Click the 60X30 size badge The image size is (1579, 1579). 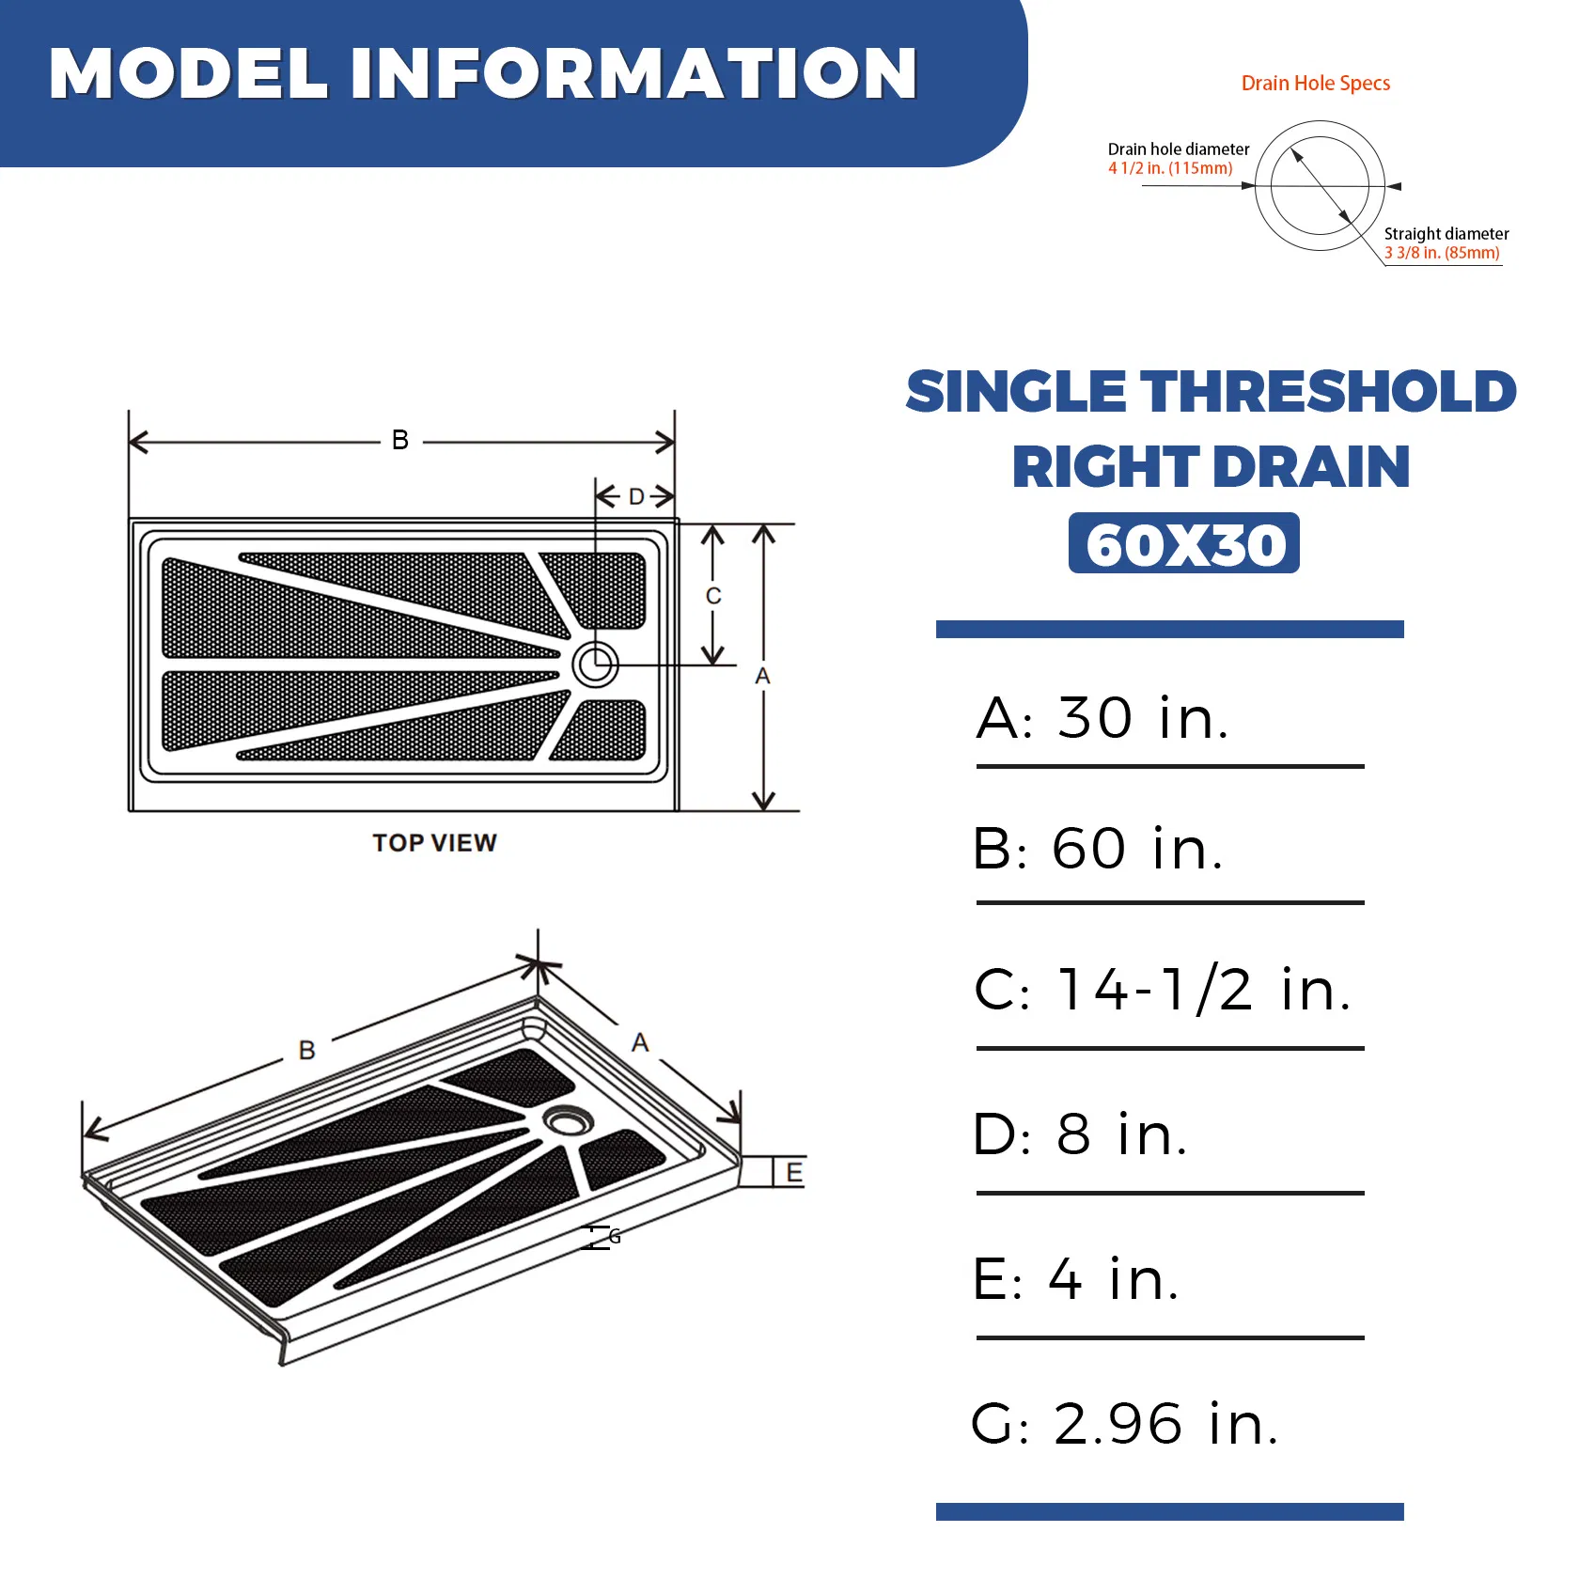pyautogui.click(x=1183, y=543)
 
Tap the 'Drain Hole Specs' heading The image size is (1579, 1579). pyautogui.click(x=1315, y=84)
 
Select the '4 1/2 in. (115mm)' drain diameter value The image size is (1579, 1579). pyautogui.click(x=1169, y=169)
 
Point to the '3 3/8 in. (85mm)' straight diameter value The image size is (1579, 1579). pyautogui.click(x=1441, y=253)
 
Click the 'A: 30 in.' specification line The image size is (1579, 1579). pyautogui.click(x=1102, y=719)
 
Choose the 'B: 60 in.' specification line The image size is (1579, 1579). pyautogui.click(x=1098, y=850)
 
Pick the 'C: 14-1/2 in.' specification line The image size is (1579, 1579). pyautogui.click(x=1163, y=991)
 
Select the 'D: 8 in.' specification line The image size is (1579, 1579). pyautogui.click(x=1080, y=1135)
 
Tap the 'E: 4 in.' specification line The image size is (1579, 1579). pyautogui.click(x=1075, y=1280)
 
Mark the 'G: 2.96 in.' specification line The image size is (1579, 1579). pyautogui.click(x=1124, y=1425)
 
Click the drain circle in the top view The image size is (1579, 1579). pyautogui.click(x=595, y=664)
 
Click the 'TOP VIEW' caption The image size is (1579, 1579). pyautogui.click(x=434, y=843)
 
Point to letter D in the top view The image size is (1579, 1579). pyautogui.click(x=636, y=496)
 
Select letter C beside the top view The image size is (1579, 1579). pyautogui.click(x=713, y=596)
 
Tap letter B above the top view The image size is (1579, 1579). pyautogui.click(x=400, y=440)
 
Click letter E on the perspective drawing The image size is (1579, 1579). pyautogui.click(x=794, y=1173)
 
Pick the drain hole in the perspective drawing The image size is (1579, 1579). pyautogui.click(x=567, y=1119)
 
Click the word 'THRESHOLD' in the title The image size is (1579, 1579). pyautogui.click(x=1328, y=392)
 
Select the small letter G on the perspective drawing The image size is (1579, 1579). pyautogui.click(x=615, y=1237)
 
